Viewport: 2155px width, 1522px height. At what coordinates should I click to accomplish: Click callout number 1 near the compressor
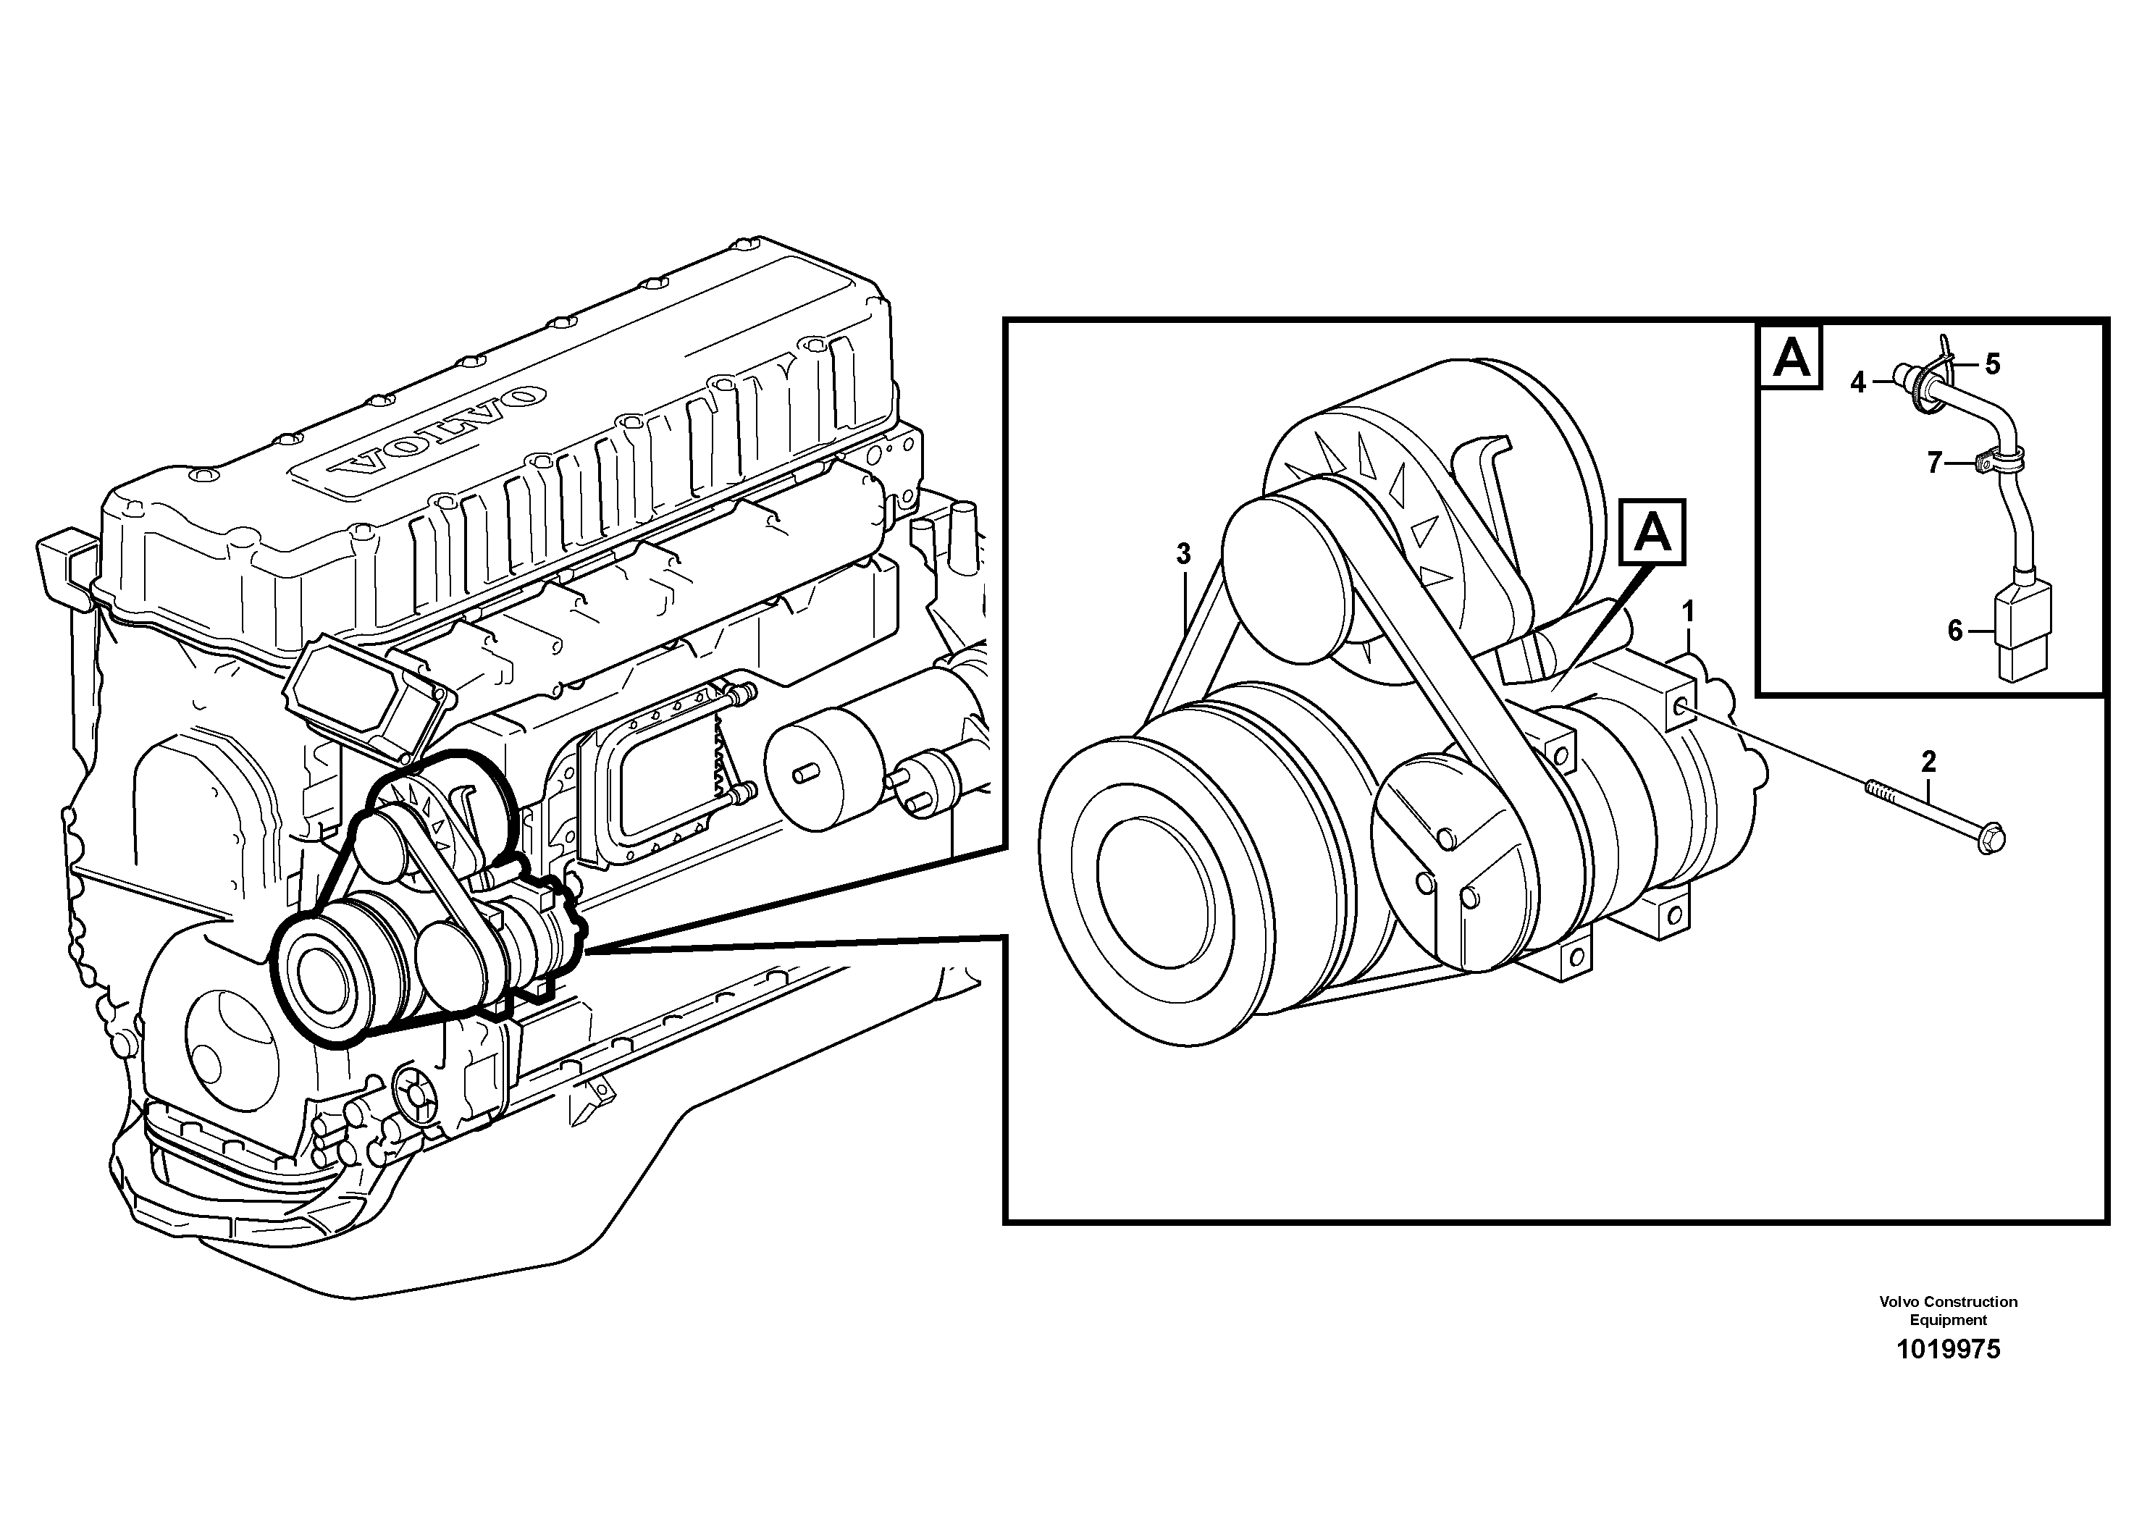1688,613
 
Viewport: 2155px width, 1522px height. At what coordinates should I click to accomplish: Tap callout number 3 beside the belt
1183,555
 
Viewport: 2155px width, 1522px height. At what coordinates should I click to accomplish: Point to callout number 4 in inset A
1858,383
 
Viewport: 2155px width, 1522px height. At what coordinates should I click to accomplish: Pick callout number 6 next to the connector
1955,631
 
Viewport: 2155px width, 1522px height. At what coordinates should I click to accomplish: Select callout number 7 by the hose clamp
1933,463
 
